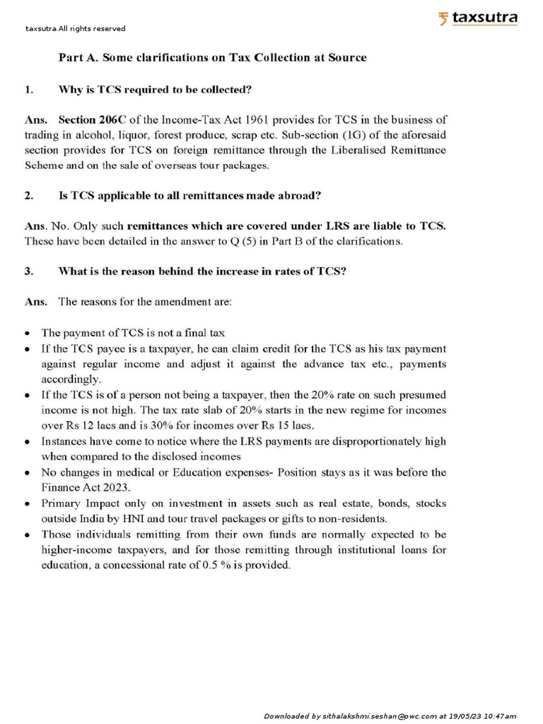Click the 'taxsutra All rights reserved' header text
pyautogui.click(x=75, y=29)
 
